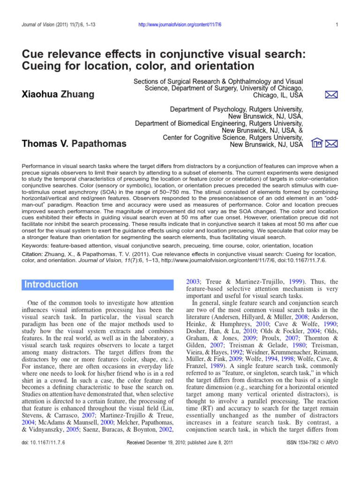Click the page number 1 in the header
337,25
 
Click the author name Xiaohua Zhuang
58,94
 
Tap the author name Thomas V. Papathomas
74,143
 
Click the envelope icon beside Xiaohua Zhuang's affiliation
331,95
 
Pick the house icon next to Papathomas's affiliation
317,144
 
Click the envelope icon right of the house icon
331,144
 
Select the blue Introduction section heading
51,285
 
